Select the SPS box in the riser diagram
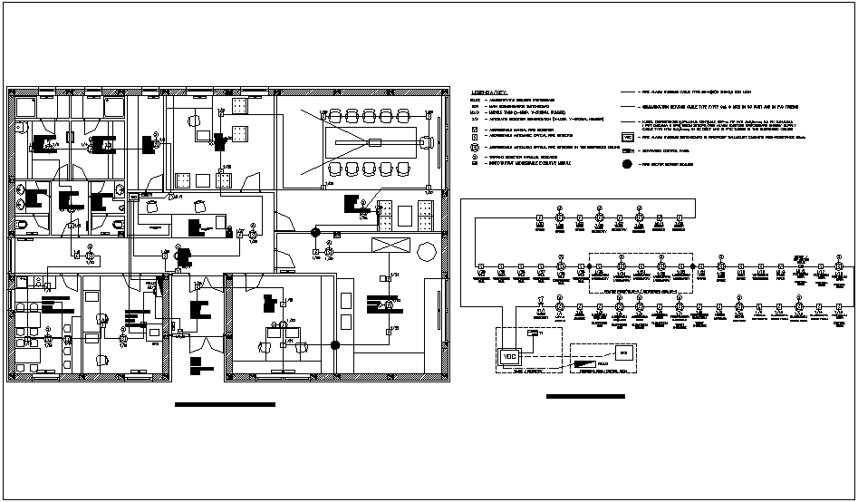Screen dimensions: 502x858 click(622, 352)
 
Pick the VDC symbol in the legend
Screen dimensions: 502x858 click(627, 136)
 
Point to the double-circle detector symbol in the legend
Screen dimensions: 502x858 click(475, 145)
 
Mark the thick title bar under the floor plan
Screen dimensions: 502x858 click(225, 404)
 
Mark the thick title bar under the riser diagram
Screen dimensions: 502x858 click(586, 396)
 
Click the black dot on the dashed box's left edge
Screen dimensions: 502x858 click(590, 265)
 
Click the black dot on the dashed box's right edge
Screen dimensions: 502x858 click(693, 265)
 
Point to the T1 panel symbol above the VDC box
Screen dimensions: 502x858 click(532, 333)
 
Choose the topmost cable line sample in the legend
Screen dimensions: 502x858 click(628, 92)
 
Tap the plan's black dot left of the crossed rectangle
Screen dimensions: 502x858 click(316, 232)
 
